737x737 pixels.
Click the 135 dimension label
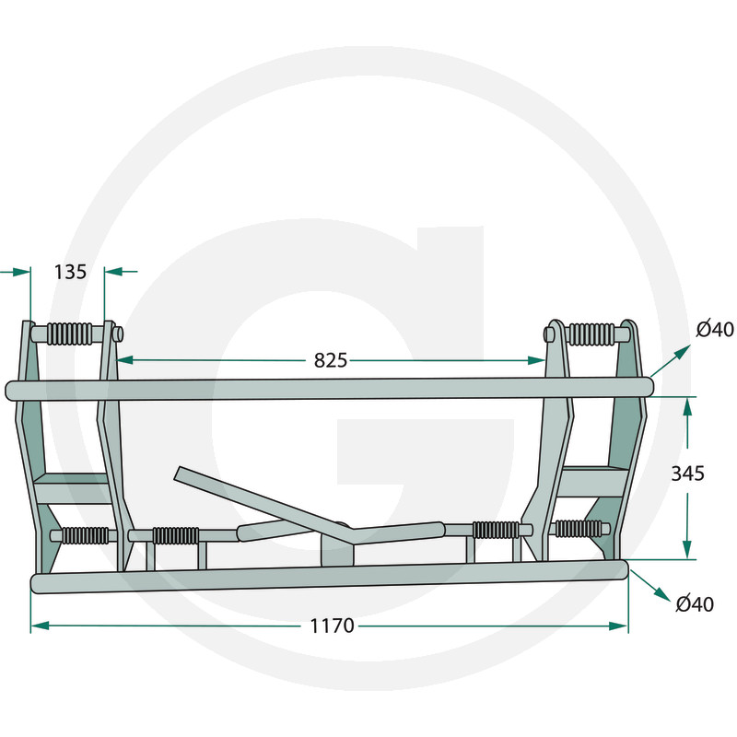coord(71,272)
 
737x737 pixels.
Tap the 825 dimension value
coord(331,360)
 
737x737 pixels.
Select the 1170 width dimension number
coord(332,626)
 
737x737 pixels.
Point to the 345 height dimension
coord(687,474)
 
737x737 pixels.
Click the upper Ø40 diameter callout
coord(715,329)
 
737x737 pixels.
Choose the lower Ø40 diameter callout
coord(695,603)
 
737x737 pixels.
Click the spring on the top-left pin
coord(70,333)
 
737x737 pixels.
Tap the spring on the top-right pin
coord(591,333)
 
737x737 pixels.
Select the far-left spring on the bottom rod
coord(86,535)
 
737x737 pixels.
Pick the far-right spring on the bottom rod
coord(579,529)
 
